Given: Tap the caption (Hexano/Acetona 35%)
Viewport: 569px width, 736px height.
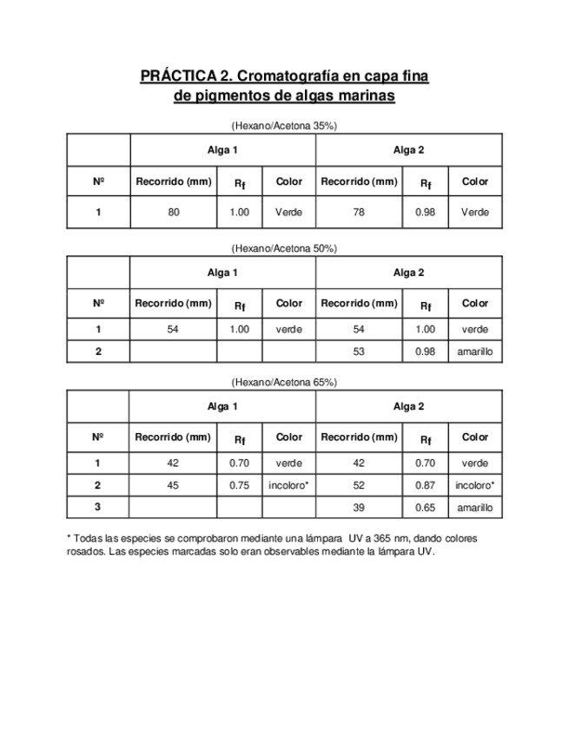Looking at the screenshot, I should [x=284, y=126].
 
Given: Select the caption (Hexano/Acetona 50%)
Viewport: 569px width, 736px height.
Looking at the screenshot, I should [x=284, y=248].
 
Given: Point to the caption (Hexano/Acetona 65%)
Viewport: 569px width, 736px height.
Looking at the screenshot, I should [x=284, y=382].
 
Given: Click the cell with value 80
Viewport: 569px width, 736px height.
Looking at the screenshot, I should [x=174, y=212].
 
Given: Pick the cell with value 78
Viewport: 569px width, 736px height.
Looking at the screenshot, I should [x=359, y=212].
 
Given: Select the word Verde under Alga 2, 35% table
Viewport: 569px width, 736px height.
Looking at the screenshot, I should [x=475, y=212].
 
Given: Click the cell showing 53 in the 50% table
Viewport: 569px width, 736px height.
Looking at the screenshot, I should [x=359, y=352].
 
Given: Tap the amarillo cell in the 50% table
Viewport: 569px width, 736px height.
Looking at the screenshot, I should [x=475, y=352].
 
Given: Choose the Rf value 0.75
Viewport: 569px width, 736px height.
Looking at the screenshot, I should [x=240, y=486].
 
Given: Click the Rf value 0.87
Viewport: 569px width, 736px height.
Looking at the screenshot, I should [x=425, y=486].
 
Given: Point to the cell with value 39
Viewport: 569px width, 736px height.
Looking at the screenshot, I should [x=359, y=508].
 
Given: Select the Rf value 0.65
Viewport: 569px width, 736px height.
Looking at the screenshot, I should [x=425, y=508].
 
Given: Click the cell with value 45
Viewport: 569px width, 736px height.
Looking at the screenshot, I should [x=173, y=486].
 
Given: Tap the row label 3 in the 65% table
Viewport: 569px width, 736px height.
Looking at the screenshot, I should [x=98, y=508].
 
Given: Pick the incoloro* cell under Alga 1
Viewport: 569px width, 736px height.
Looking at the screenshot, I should [x=289, y=486].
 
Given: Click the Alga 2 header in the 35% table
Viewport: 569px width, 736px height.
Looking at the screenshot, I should [x=408, y=150].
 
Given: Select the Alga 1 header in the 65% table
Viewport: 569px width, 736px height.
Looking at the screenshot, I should [x=222, y=406].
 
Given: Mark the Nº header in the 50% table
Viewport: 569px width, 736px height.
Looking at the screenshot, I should [x=98, y=304].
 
